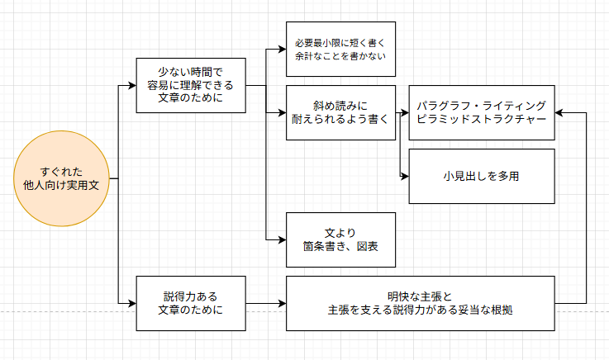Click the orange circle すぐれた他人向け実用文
click(x=62, y=179)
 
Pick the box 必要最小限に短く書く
click(x=340, y=49)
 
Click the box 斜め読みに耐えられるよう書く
click(x=340, y=111)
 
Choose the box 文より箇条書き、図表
click(x=340, y=239)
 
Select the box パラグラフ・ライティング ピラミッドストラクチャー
click(x=481, y=111)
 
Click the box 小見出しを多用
click(x=481, y=176)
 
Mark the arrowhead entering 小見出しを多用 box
click(x=404, y=176)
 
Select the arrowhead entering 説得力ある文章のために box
click(x=131, y=303)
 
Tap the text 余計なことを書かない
click(x=340, y=57)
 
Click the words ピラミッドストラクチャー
click(x=481, y=120)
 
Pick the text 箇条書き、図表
click(x=340, y=247)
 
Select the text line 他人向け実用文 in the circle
click(x=62, y=187)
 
